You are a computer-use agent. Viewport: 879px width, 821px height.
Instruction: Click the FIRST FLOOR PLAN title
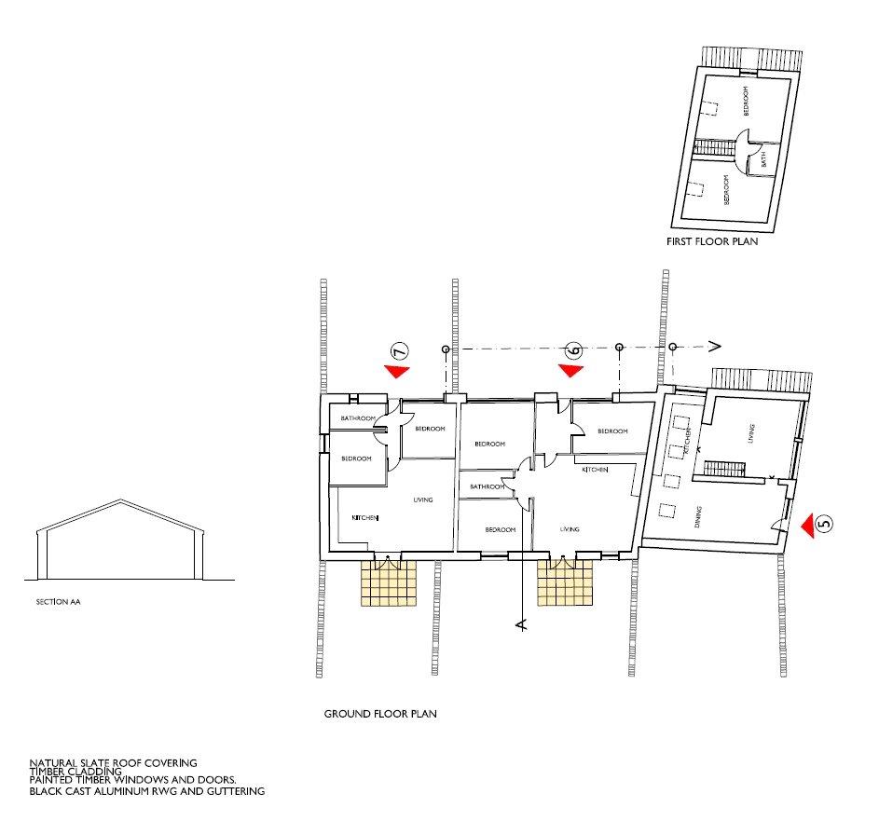click(x=711, y=241)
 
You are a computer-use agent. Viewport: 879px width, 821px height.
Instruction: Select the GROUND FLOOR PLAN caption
click(x=380, y=715)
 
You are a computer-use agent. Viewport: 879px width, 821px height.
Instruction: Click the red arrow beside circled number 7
click(x=398, y=371)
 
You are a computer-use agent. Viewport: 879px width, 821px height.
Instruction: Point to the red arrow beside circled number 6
click(x=570, y=370)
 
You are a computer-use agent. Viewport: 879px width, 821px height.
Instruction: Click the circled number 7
click(x=399, y=351)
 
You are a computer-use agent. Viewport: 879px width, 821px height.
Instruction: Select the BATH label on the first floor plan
click(x=764, y=159)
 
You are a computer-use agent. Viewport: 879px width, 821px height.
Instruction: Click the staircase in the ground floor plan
click(x=721, y=471)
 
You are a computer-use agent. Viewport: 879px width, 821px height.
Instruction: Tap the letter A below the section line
click(x=520, y=624)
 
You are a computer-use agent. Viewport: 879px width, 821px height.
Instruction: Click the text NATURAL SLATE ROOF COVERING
click(x=113, y=762)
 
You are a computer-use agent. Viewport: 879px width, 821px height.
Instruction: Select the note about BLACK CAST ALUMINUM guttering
click(x=147, y=791)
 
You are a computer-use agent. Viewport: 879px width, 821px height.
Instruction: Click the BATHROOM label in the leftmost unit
click(x=357, y=418)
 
